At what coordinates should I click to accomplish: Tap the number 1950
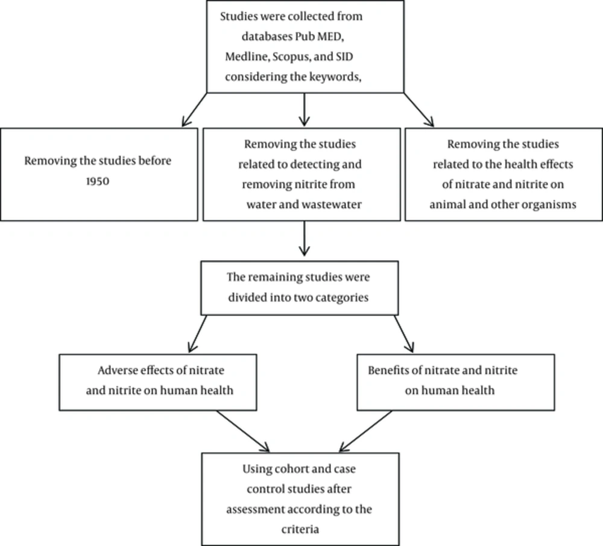click(98, 181)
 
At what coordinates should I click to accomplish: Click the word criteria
click(300, 530)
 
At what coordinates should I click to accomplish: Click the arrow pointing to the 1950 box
click(194, 110)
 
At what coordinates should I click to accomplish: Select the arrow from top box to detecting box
click(304, 110)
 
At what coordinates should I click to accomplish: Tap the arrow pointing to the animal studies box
click(419, 110)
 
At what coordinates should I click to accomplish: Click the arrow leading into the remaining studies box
click(304, 238)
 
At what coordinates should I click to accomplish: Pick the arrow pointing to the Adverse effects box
click(197, 334)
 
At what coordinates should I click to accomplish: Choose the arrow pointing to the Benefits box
click(404, 334)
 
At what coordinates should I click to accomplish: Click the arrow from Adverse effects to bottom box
click(242, 431)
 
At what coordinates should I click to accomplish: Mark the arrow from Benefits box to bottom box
click(365, 431)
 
